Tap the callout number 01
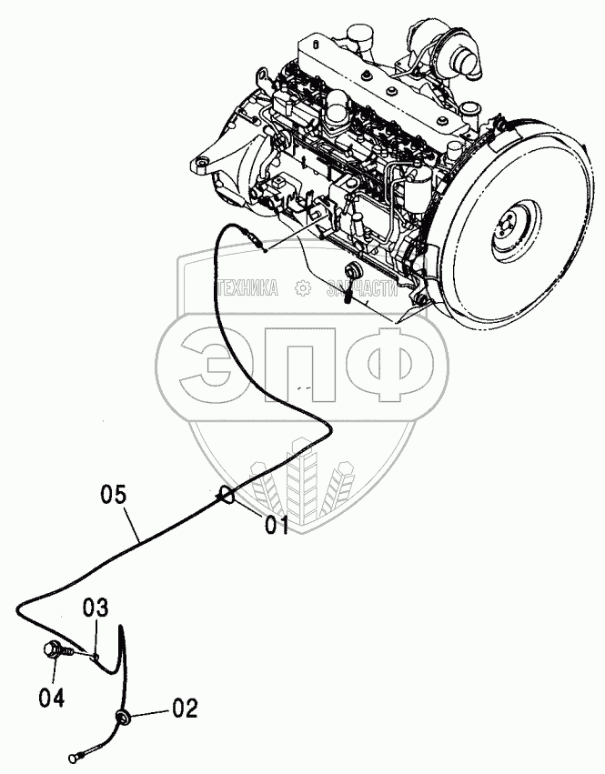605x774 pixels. click(x=277, y=525)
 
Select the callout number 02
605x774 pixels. click(x=184, y=707)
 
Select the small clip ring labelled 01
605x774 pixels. click(x=226, y=496)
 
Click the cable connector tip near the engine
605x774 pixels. click(x=261, y=244)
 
